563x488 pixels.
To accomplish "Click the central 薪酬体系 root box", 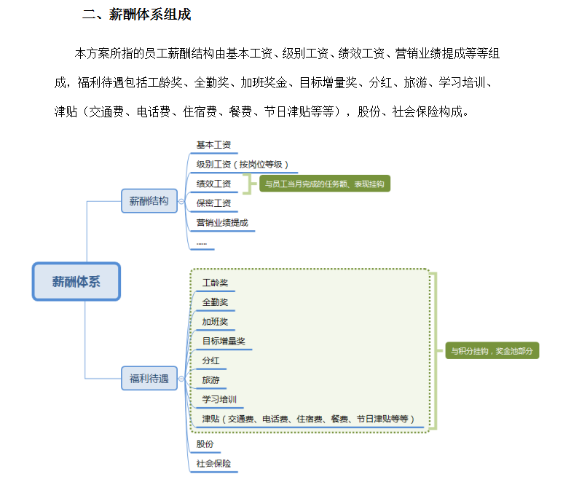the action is [76, 282].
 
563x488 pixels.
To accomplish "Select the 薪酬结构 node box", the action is [149, 201].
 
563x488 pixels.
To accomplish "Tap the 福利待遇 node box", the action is [149, 378].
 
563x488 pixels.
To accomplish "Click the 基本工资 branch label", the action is [213, 145].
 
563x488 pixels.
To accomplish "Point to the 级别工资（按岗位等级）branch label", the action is [242, 165].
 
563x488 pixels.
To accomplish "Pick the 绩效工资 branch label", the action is [213, 184].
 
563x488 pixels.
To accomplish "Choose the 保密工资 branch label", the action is [213, 203].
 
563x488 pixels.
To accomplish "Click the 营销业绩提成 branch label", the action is [222, 223].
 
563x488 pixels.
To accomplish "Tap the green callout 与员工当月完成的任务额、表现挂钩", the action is [325, 184].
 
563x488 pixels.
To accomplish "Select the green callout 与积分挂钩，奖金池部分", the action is [492, 351].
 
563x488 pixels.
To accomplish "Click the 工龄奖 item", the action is [215, 283].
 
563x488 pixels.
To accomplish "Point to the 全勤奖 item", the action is [215, 302].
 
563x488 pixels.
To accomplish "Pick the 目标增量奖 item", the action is [224, 341].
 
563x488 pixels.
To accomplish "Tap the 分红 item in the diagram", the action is [210, 361].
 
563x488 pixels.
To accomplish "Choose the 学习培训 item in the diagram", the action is [219, 399].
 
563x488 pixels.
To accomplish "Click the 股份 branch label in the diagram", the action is [205, 444].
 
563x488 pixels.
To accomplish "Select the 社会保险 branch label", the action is [213, 463].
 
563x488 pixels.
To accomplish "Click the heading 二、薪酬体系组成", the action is [137, 15].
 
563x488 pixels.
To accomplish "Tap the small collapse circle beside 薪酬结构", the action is [181, 202].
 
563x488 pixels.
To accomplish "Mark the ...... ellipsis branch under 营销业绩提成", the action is [202, 244].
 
